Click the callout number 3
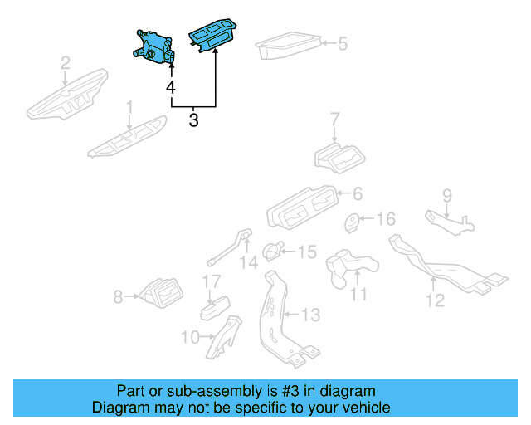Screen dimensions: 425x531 click(193, 121)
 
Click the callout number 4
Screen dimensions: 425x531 click(170, 87)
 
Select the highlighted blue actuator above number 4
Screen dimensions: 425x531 click(154, 46)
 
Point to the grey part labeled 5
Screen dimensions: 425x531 click(288, 47)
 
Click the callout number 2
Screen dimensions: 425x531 click(66, 62)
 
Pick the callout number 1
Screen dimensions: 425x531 click(129, 107)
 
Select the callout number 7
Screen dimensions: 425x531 click(335, 120)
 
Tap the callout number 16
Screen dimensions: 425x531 click(387, 219)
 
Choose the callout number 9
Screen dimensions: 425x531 click(447, 196)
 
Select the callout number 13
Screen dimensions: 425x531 click(309, 315)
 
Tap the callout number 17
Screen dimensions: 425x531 click(213, 282)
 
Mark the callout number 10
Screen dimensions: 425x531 click(189, 337)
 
